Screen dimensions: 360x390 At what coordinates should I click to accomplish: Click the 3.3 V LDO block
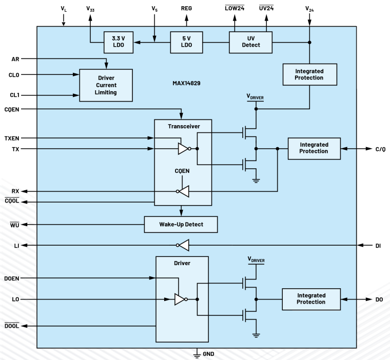pos(118,42)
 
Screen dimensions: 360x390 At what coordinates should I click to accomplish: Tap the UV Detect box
pos(250,42)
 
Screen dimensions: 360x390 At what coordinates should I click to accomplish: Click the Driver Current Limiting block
pos(105,85)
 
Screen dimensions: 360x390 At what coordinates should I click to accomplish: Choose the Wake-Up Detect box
pos(181,225)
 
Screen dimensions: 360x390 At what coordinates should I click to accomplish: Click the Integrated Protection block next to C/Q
pos(314,148)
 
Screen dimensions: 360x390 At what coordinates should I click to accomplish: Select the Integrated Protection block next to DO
pos(311,299)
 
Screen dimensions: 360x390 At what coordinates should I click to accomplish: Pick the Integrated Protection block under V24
pos(309,74)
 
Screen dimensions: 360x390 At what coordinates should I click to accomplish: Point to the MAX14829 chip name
pos(186,83)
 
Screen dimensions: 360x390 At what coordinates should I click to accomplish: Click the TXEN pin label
pos(12,138)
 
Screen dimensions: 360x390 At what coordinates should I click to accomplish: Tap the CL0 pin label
pos(14,75)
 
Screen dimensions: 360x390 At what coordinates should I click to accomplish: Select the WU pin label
pos(14,225)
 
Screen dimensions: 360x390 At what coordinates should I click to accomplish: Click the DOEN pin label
pos(12,278)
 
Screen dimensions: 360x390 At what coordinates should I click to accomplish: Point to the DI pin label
pos(378,246)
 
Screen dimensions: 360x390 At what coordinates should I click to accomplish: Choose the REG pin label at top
pos(186,9)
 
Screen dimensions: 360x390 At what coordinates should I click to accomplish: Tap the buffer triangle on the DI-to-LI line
pos(184,246)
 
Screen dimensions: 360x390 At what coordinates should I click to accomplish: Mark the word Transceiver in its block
pos(183,126)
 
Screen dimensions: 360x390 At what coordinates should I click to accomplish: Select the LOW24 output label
pos(235,9)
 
